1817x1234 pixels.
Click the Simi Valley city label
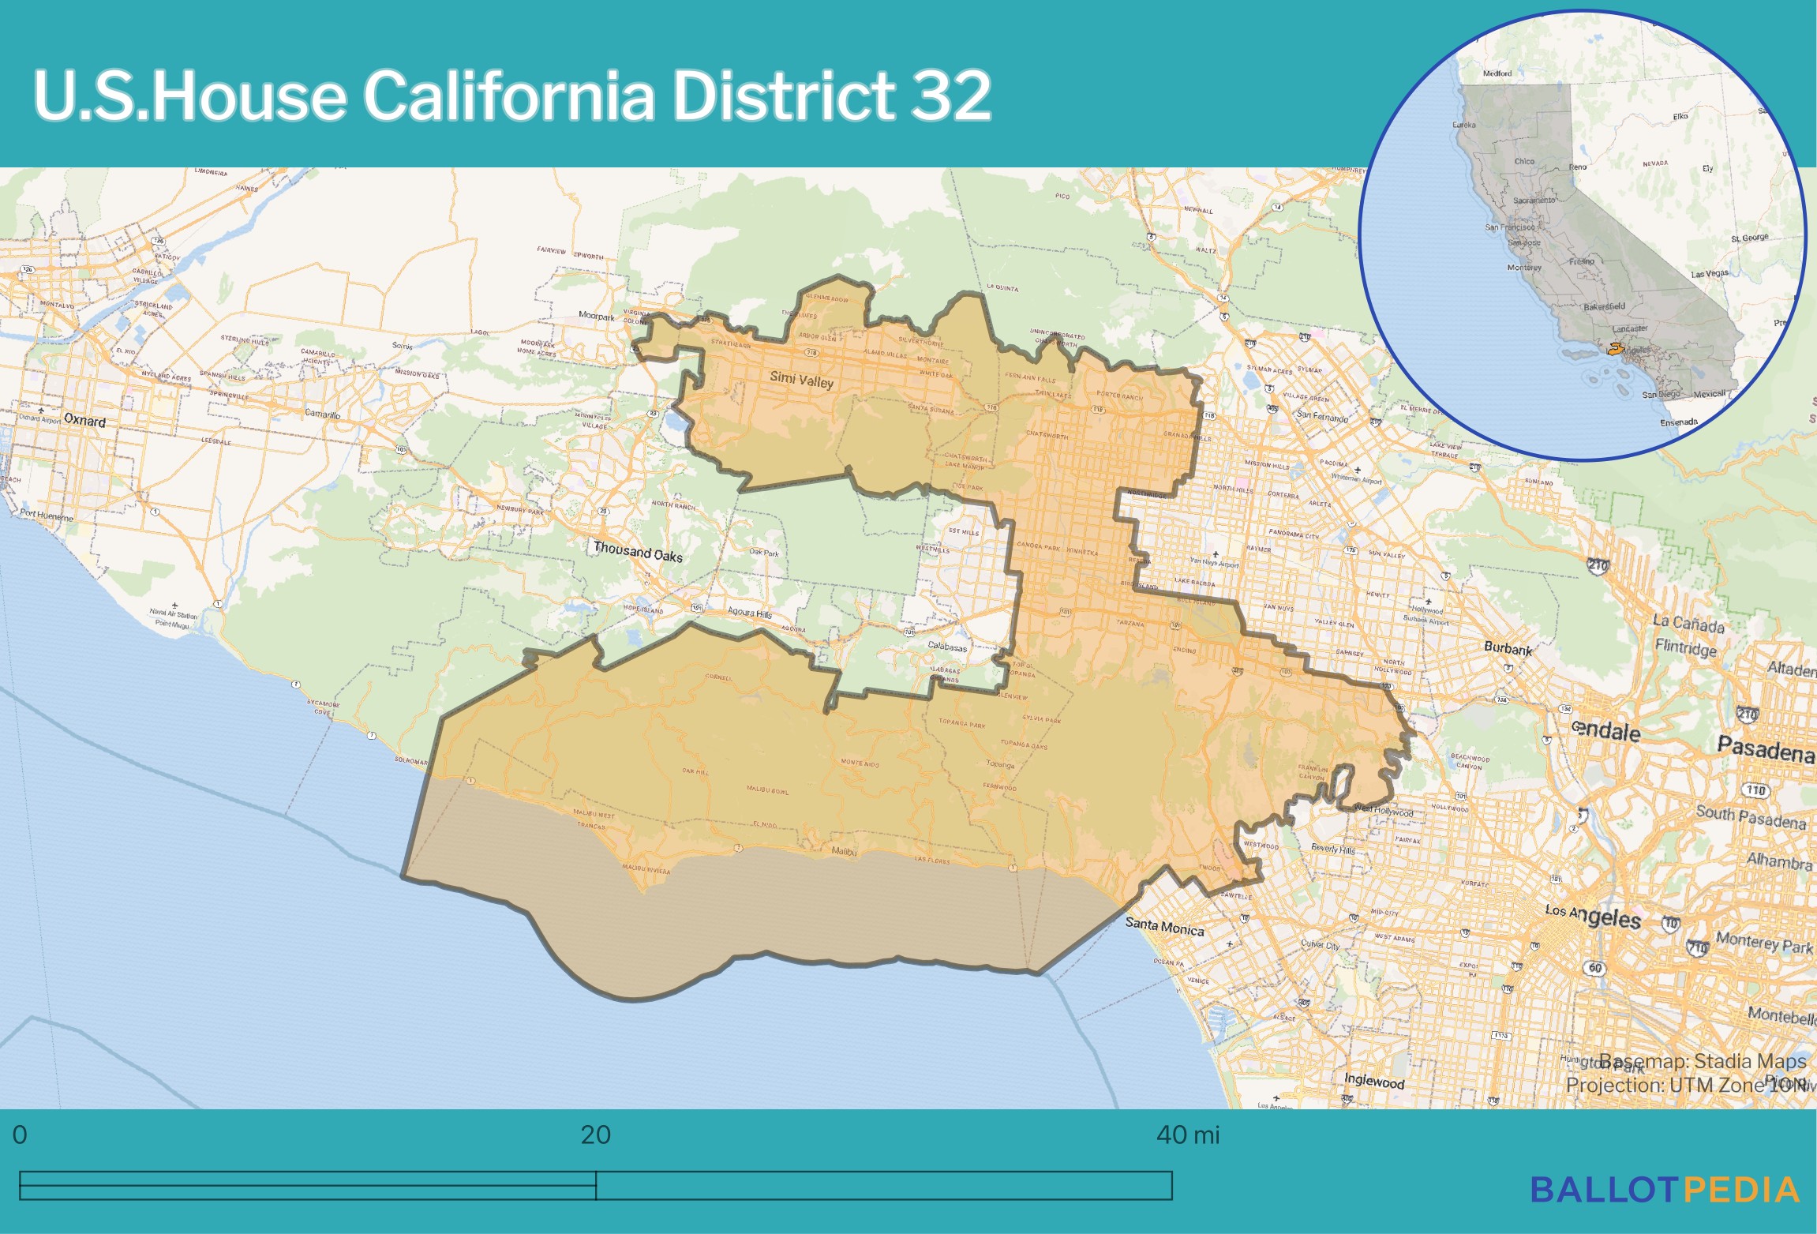click(801, 380)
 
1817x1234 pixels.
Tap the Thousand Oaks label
click(638, 551)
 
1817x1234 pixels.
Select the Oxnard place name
click(84, 420)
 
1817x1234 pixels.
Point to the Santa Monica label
click(1164, 926)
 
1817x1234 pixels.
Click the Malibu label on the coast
click(844, 851)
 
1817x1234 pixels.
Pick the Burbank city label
click(1508, 648)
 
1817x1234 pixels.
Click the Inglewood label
click(1374, 1081)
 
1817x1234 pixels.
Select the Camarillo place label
click(322, 414)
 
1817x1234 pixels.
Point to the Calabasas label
click(947, 647)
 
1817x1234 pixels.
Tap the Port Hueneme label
click(47, 516)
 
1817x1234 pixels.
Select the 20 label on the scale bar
click(595, 1135)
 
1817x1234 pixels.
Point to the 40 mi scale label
click(1187, 1135)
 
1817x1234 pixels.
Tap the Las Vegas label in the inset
click(1709, 274)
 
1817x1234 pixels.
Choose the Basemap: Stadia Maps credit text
click(1702, 1061)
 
